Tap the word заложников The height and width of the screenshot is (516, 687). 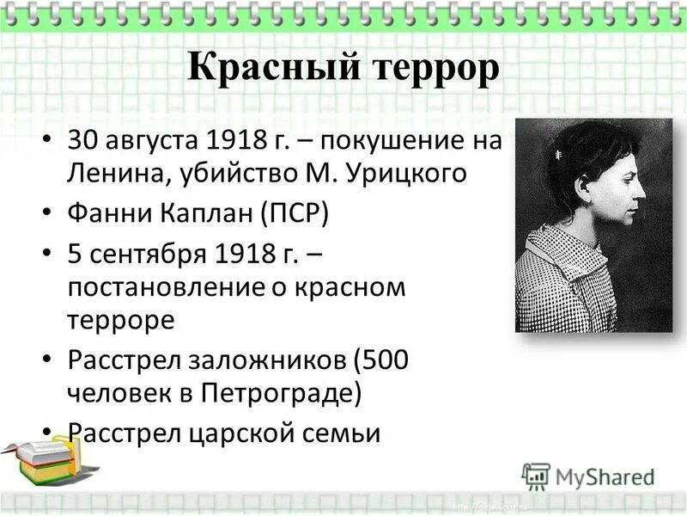pyautogui.click(x=270, y=359)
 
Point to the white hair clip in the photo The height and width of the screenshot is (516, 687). pyautogui.click(x=558, y=155)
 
